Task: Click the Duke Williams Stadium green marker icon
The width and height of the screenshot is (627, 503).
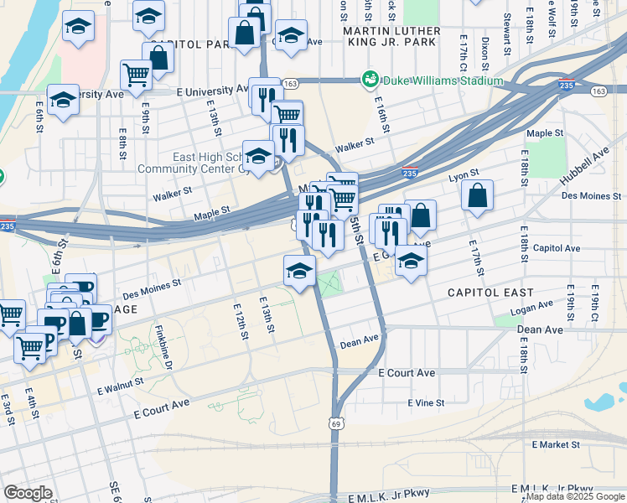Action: pos(370,80)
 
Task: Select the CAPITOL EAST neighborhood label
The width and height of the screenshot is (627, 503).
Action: pos(490,293)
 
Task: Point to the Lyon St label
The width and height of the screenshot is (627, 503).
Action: pos(463,174)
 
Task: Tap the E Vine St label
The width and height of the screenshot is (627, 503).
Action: pos(426,403)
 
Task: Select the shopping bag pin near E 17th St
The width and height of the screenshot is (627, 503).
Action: pos(476,196)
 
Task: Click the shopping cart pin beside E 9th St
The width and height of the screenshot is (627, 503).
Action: pos(136,75)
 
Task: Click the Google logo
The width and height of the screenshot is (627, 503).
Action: pos(28,493)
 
